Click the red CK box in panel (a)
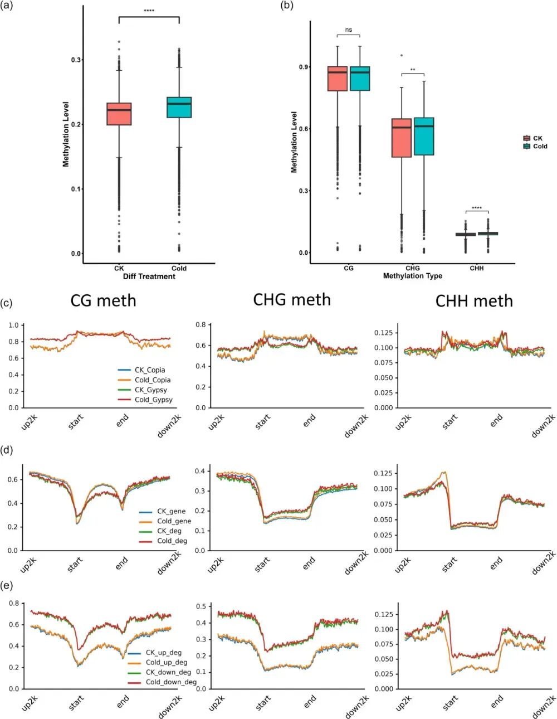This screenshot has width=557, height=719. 119,114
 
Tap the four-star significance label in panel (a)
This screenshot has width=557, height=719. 149,11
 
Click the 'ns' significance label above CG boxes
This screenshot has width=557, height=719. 349,30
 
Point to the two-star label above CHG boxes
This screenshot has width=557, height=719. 413,70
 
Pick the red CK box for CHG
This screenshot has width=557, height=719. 402,138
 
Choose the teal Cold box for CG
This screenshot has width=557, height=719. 360,79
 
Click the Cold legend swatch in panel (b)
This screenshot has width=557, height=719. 527,146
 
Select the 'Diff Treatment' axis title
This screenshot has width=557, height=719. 149,276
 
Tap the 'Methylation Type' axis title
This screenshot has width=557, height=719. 412,276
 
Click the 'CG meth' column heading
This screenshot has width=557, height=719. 103,301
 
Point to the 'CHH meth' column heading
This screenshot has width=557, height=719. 474,301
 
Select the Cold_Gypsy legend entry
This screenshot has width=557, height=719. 153,400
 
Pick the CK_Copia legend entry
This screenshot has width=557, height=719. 150,370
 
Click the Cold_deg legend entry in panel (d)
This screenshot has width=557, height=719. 172,541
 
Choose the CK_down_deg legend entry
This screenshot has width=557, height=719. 168,672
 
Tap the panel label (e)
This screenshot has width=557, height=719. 8,585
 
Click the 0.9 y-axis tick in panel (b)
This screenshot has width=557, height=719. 304,67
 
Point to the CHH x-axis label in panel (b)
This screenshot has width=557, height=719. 477,268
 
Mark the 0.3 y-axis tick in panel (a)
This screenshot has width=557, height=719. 76,60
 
